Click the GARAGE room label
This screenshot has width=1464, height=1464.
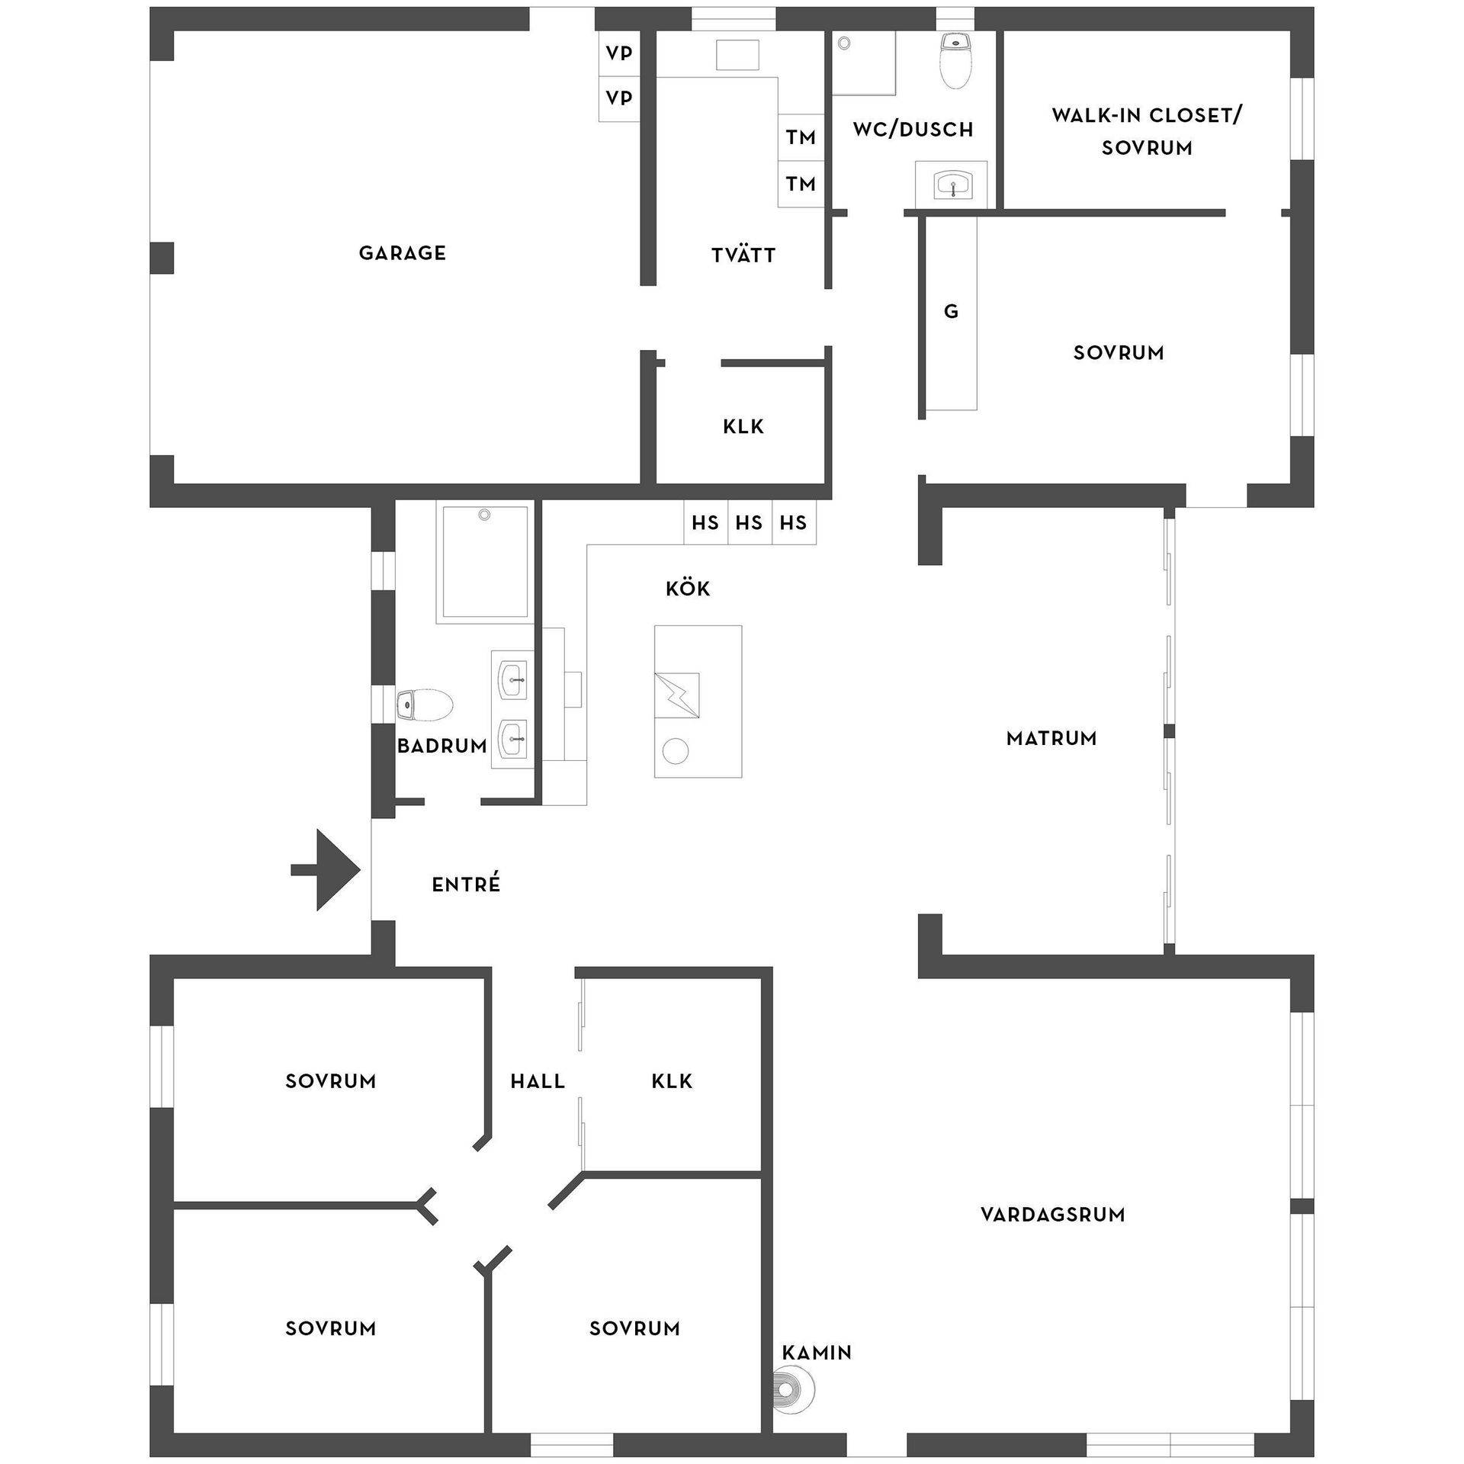click(x=402, y=253)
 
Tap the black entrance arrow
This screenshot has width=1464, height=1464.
click(x=326, y=870)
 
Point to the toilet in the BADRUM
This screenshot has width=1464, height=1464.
click(x=425, y=705)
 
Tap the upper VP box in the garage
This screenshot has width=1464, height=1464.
click(x=619, y=53)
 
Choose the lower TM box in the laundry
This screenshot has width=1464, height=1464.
click(x=801, y=184)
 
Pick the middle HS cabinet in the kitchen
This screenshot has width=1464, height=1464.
click(x=750, y=522)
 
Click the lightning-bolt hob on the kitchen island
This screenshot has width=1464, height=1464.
click(x=677, y=695)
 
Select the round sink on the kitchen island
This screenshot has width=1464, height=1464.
click(x=676, y=751)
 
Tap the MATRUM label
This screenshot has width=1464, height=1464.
click(x=1051, y=738)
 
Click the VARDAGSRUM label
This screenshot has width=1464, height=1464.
click(x=1053, y=1214)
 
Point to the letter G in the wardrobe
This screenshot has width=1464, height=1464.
click(x=951, y=311)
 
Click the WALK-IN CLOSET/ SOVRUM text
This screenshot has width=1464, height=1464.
click(x=1147, y=131)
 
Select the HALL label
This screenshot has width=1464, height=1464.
click(x=538, y=1081)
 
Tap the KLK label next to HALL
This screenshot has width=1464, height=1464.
click(x=673, y=1081)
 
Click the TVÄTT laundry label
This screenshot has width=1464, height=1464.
click(x=743, y=255)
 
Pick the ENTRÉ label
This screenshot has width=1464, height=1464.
click(x=466, y=884)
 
